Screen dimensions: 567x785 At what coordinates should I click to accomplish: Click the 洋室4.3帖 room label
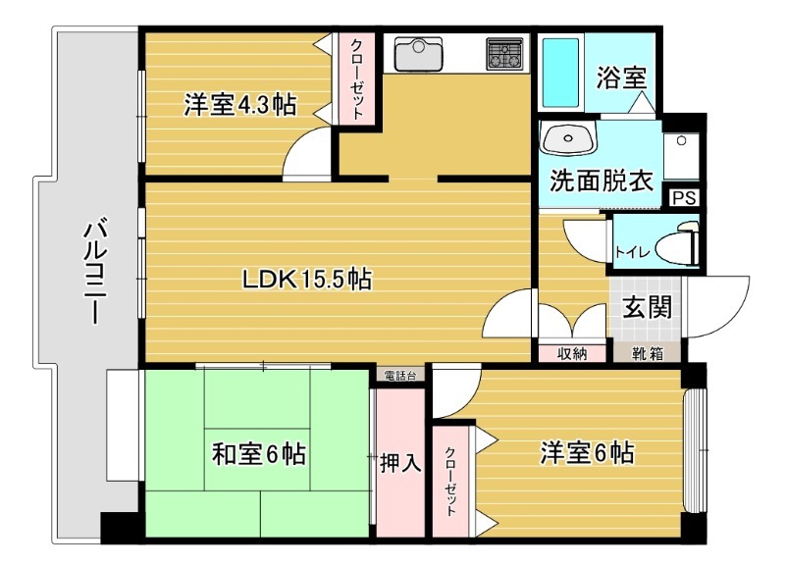(x=240, y=105)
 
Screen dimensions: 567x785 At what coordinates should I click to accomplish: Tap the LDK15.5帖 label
(x=307, y=280)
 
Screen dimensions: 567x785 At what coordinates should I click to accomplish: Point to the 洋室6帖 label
(x=586, y=452)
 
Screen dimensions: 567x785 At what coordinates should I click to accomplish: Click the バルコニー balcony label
(x=94, y=272)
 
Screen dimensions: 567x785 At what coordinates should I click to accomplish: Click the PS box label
(x=685, y=197)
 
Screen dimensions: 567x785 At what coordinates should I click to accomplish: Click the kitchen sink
(x=420, y=55)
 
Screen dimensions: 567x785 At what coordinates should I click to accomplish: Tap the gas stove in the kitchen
(x=504, y=55)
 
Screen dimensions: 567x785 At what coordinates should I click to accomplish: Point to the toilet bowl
(x=678, y=246)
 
